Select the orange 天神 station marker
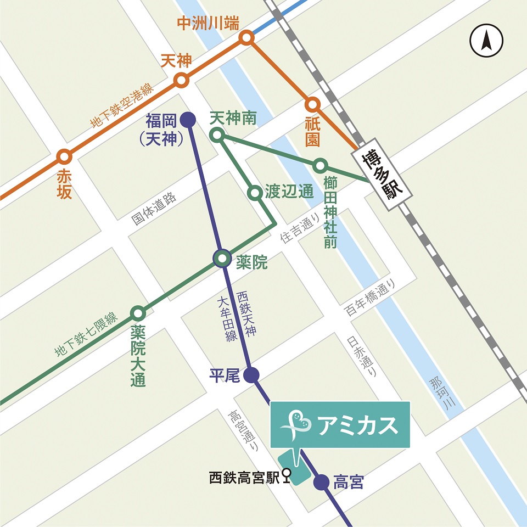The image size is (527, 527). (x=181, y=81)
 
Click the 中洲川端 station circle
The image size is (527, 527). (x=246, y=38)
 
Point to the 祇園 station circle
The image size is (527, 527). (x=312, y=104)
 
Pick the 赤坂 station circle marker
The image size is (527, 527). (x=64, y=157)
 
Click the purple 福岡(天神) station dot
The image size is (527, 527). (x=188, y=119)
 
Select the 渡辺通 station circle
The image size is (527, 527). (x=255, y=193)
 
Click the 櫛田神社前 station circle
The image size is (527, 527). (x=321, y=165)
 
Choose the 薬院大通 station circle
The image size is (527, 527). (x=138, y=313)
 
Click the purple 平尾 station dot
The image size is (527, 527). (x=251, y=375)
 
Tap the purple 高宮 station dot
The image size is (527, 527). (x=321, y=483)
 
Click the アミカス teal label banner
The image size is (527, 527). (x=340, y=424)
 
